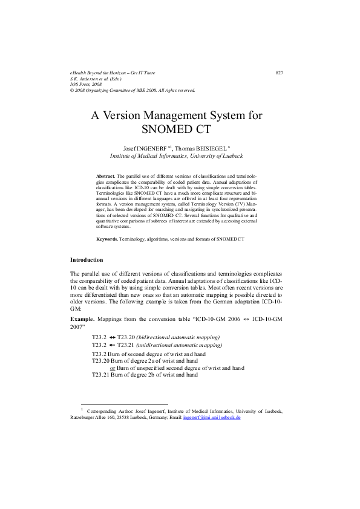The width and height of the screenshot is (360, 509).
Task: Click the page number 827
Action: pyautogui.click(x=279, y=73)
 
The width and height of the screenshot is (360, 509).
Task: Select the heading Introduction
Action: pyautogui.click(x=87, y=260)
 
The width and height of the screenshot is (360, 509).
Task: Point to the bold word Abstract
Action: pyautogui.click(x=106, y=175)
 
